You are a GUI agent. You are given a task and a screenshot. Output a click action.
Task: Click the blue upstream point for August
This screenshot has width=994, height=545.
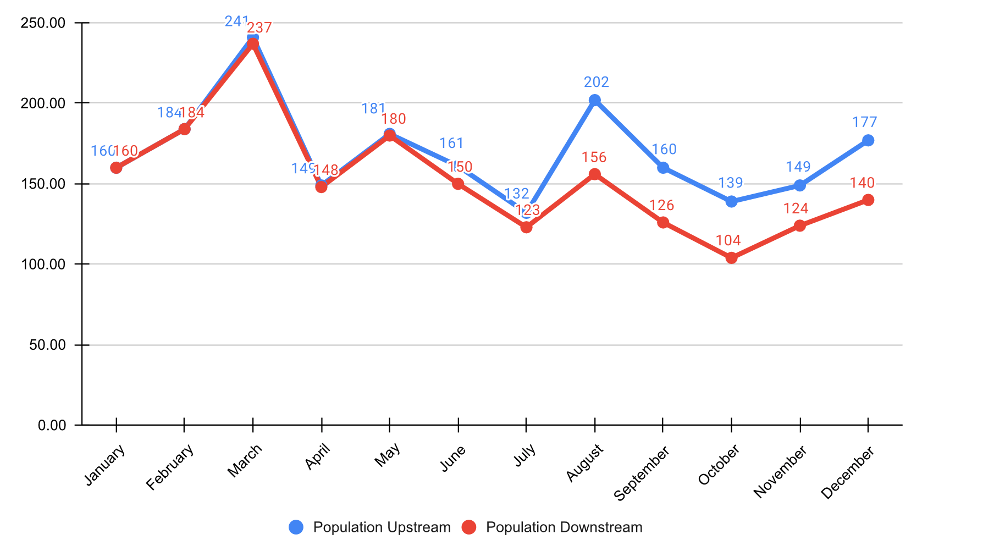(x=594, y=100)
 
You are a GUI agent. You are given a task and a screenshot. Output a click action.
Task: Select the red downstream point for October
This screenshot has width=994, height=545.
(x=731, y=258)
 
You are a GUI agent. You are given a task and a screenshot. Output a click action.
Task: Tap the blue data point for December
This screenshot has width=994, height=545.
(x=868, y=140)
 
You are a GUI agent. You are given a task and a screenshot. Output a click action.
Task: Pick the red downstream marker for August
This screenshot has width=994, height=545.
(x=594, y=174)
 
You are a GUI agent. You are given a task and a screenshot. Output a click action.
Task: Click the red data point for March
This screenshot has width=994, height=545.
(x=253, y=44)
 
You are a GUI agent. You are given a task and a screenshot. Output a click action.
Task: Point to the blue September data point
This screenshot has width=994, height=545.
(x=663, y=168)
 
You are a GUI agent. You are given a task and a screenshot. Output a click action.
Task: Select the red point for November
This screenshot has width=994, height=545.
(x=800, y=225)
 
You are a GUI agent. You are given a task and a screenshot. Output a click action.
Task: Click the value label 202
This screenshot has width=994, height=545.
(x=597, y=82)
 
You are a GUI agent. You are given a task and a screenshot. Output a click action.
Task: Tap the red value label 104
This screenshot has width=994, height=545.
(x=728, y=240)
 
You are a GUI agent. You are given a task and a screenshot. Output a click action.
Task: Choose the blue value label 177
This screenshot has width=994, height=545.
(x=865, y=122)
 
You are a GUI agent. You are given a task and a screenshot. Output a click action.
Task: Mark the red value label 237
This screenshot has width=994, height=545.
(x=259, y=27)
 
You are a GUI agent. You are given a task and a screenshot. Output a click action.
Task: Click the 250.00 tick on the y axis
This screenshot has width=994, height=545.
(x=43, y=23)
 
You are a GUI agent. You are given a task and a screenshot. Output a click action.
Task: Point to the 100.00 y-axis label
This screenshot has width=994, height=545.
(x=43, y=265)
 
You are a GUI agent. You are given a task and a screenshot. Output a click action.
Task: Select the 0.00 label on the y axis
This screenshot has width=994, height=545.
(x=52, y=425)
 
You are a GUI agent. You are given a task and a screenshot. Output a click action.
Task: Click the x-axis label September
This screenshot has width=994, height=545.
(x=642, y=473)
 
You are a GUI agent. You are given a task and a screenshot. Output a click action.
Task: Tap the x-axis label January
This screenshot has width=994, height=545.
(x=105, y=465)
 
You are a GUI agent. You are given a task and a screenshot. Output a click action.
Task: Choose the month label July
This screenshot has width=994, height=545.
(x=525, y=456)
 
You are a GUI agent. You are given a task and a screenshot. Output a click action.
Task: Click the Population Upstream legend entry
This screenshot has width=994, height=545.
(x=369, y=527)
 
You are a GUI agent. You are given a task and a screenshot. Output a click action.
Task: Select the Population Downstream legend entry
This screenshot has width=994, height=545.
(x=552, y=527)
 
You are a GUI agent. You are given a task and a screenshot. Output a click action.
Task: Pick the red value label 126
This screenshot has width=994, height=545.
(x=661, y=206)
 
